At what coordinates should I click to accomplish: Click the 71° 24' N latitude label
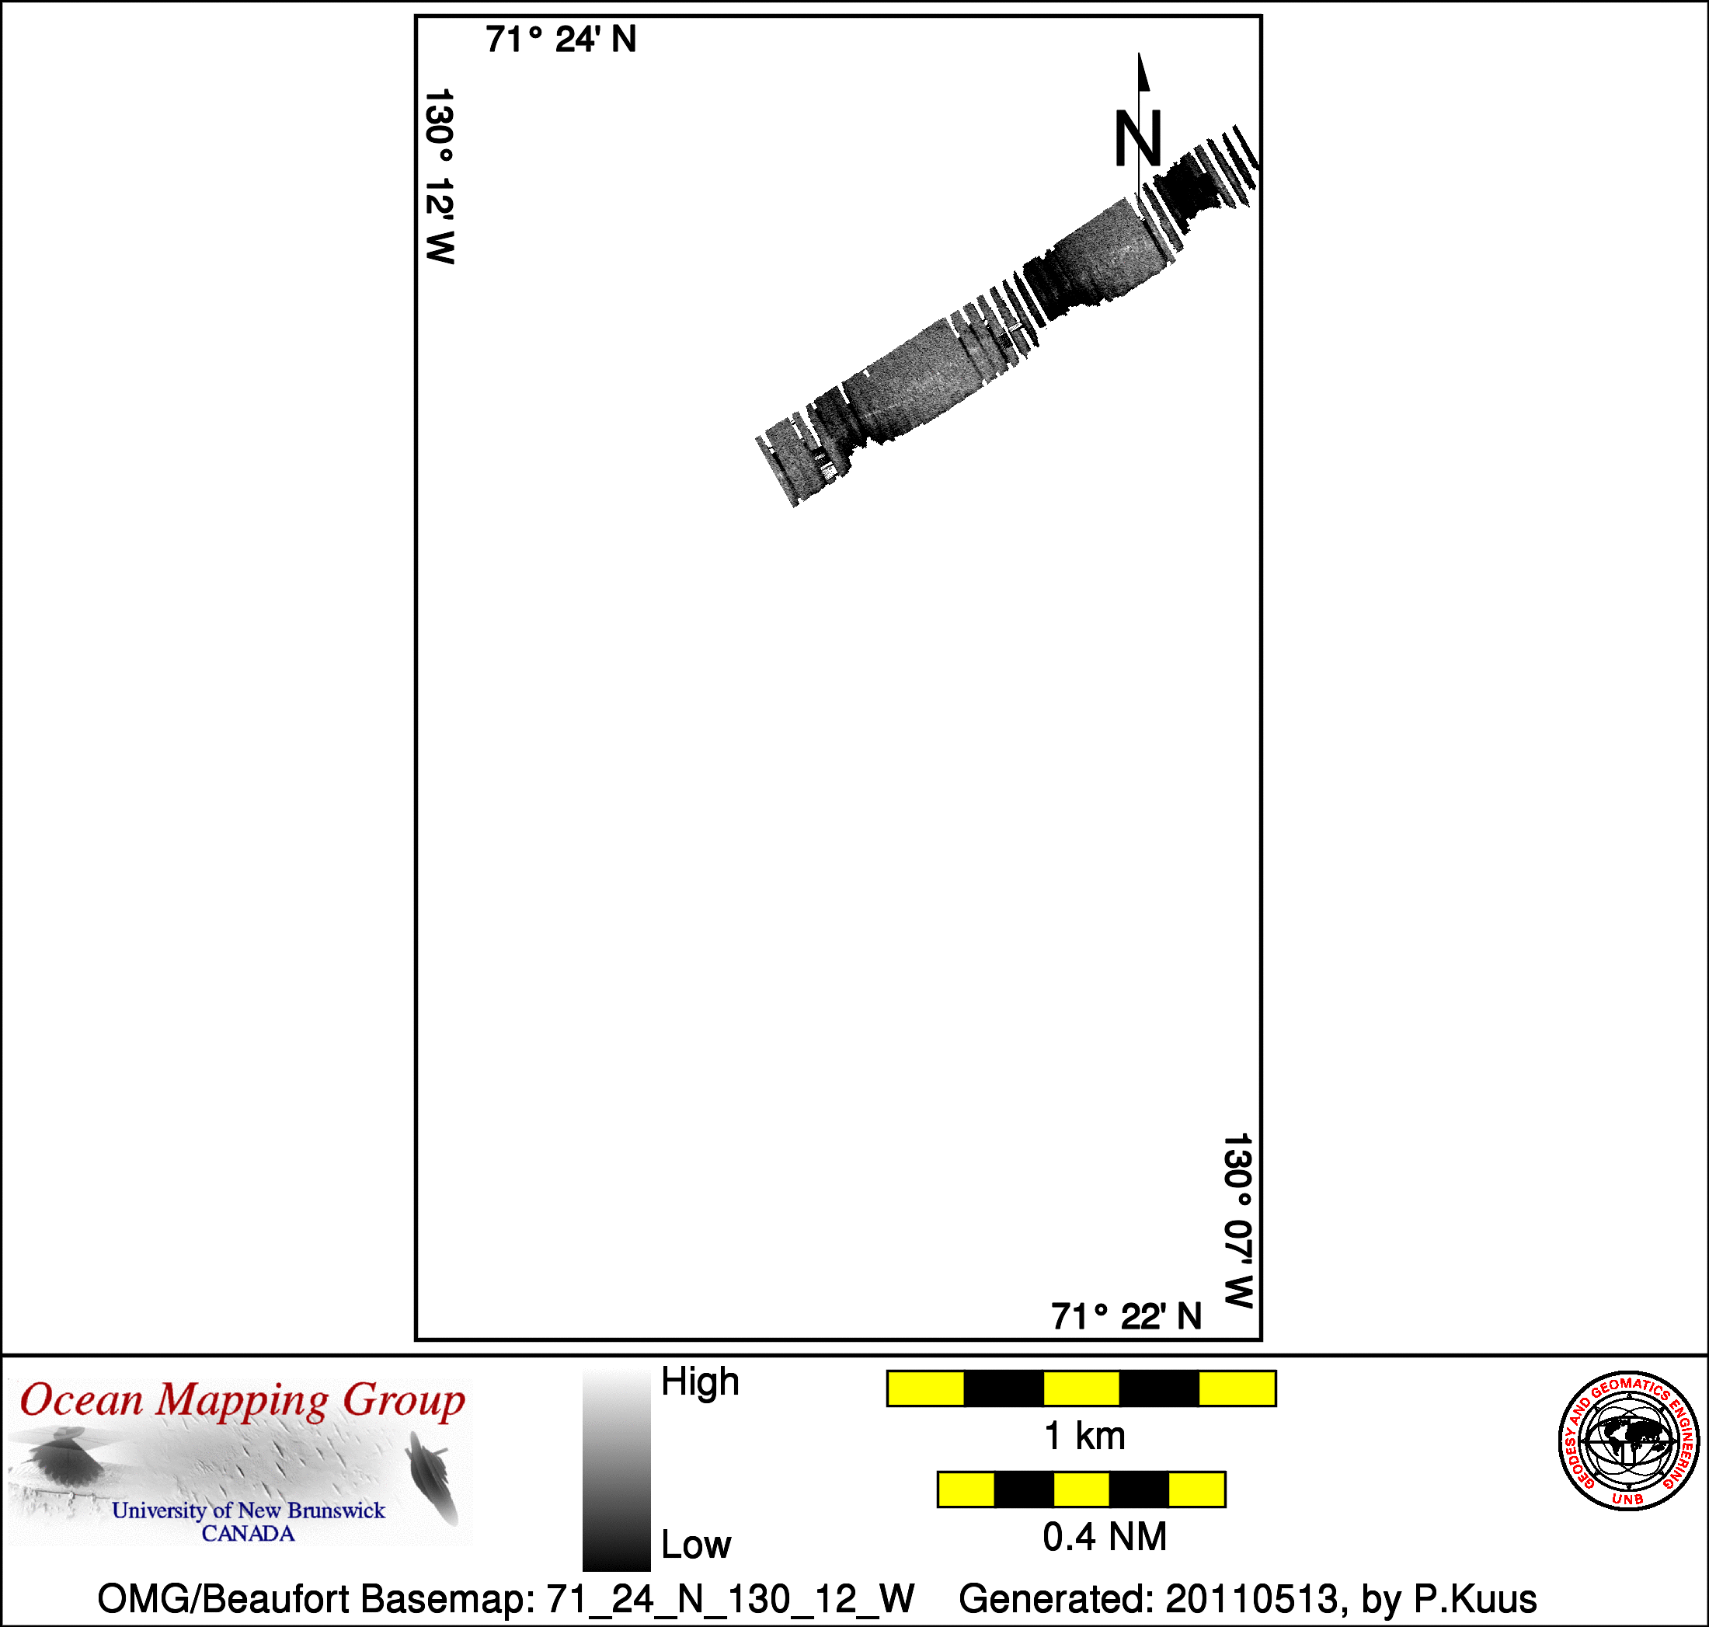(561, 40)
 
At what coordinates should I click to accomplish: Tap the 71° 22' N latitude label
(1126, 1316)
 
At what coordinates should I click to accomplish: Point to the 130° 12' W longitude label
(440, 176)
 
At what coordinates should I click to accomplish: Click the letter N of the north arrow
(1137, 139)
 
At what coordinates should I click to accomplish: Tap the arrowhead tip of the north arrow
(1140, 54)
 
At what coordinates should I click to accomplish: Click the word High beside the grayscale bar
(700, 1381)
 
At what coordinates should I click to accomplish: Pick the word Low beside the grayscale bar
(696, 1545)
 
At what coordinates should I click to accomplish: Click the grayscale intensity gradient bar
(617, 1470)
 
